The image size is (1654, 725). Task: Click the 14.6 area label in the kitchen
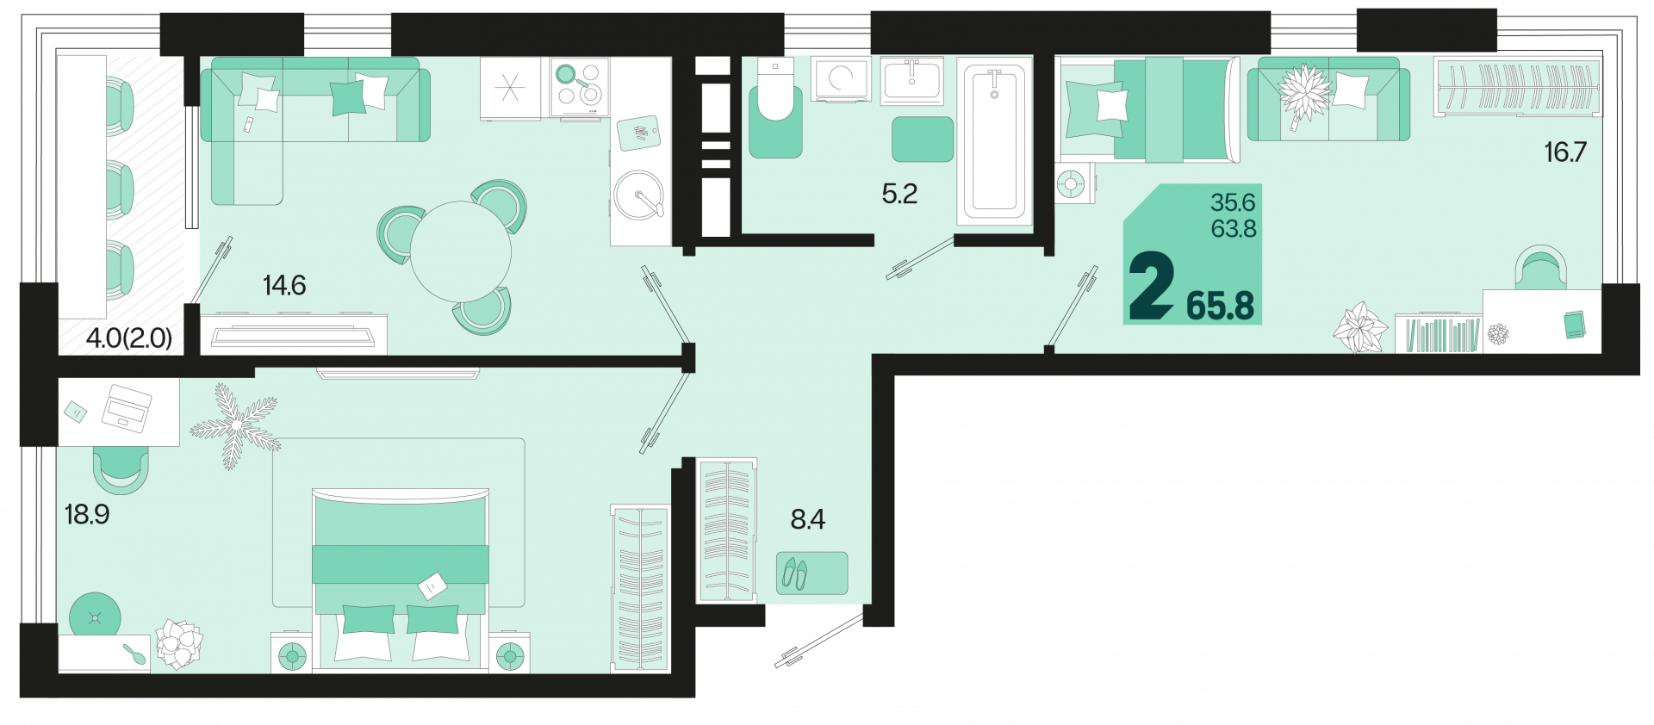pyautogui.click(x=284, y=285)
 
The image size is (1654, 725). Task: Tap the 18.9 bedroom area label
pyautogui.click(x=87, y=514)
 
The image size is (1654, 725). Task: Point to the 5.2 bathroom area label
pyautogui.click(x=899, y=194)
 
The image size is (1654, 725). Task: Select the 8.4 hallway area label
pyautogui.click(x=808, y=519)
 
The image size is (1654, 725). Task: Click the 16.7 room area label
pyautogui.click(x=1565, y=152)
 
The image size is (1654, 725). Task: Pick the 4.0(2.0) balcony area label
pyautogui.click(x=129, y=338)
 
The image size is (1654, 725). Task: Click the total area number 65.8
pyautogui.click(x=1220, y=306)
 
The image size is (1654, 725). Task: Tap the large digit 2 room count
pyautogui.click(x=1152, y=285)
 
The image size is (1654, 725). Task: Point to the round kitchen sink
pyautogui.click(x=639, y=195)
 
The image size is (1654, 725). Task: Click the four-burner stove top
pyautogui.click(x=580, y=86)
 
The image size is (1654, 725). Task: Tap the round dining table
pyautogui.click(x=461, y=251)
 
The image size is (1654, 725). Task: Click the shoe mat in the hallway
pyautogui.click(x=811, y=573)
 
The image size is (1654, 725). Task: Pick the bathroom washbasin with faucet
pyautogui.click(x=911, y=81)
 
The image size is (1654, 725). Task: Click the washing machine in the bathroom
pyautogui.click(x=841, y=80)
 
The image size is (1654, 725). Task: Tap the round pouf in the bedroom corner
pyautogui.click(x=95, y=617)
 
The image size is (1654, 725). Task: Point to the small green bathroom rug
pyautogui.click(x=923, y=139)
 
